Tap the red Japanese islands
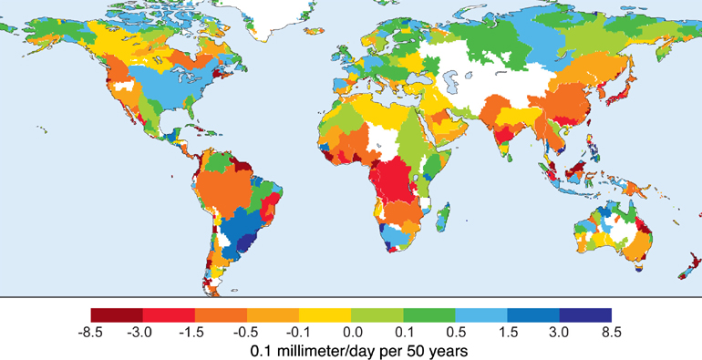point(624,98)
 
